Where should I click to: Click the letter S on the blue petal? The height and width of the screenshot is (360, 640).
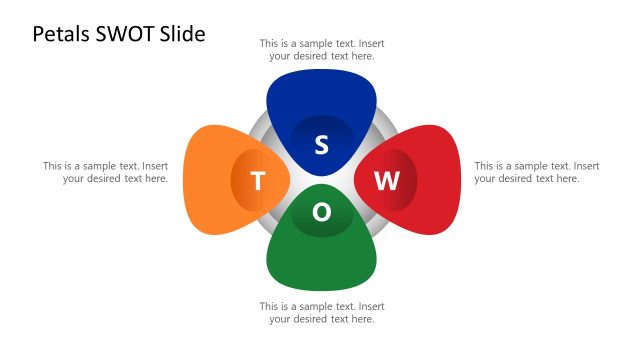322,145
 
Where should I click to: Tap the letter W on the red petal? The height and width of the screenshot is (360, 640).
387,181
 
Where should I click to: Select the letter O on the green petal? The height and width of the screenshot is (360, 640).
322,212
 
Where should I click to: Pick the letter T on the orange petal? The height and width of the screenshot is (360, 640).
257,181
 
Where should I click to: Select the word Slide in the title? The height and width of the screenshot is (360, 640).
185,34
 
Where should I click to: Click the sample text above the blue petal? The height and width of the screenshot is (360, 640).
322,50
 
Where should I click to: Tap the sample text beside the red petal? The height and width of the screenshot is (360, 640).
536,172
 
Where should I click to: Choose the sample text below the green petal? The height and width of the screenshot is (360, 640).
322,312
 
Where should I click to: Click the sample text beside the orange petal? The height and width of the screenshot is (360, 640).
105,172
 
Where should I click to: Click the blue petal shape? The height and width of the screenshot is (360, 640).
322,95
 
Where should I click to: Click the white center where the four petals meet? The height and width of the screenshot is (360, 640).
322,179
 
